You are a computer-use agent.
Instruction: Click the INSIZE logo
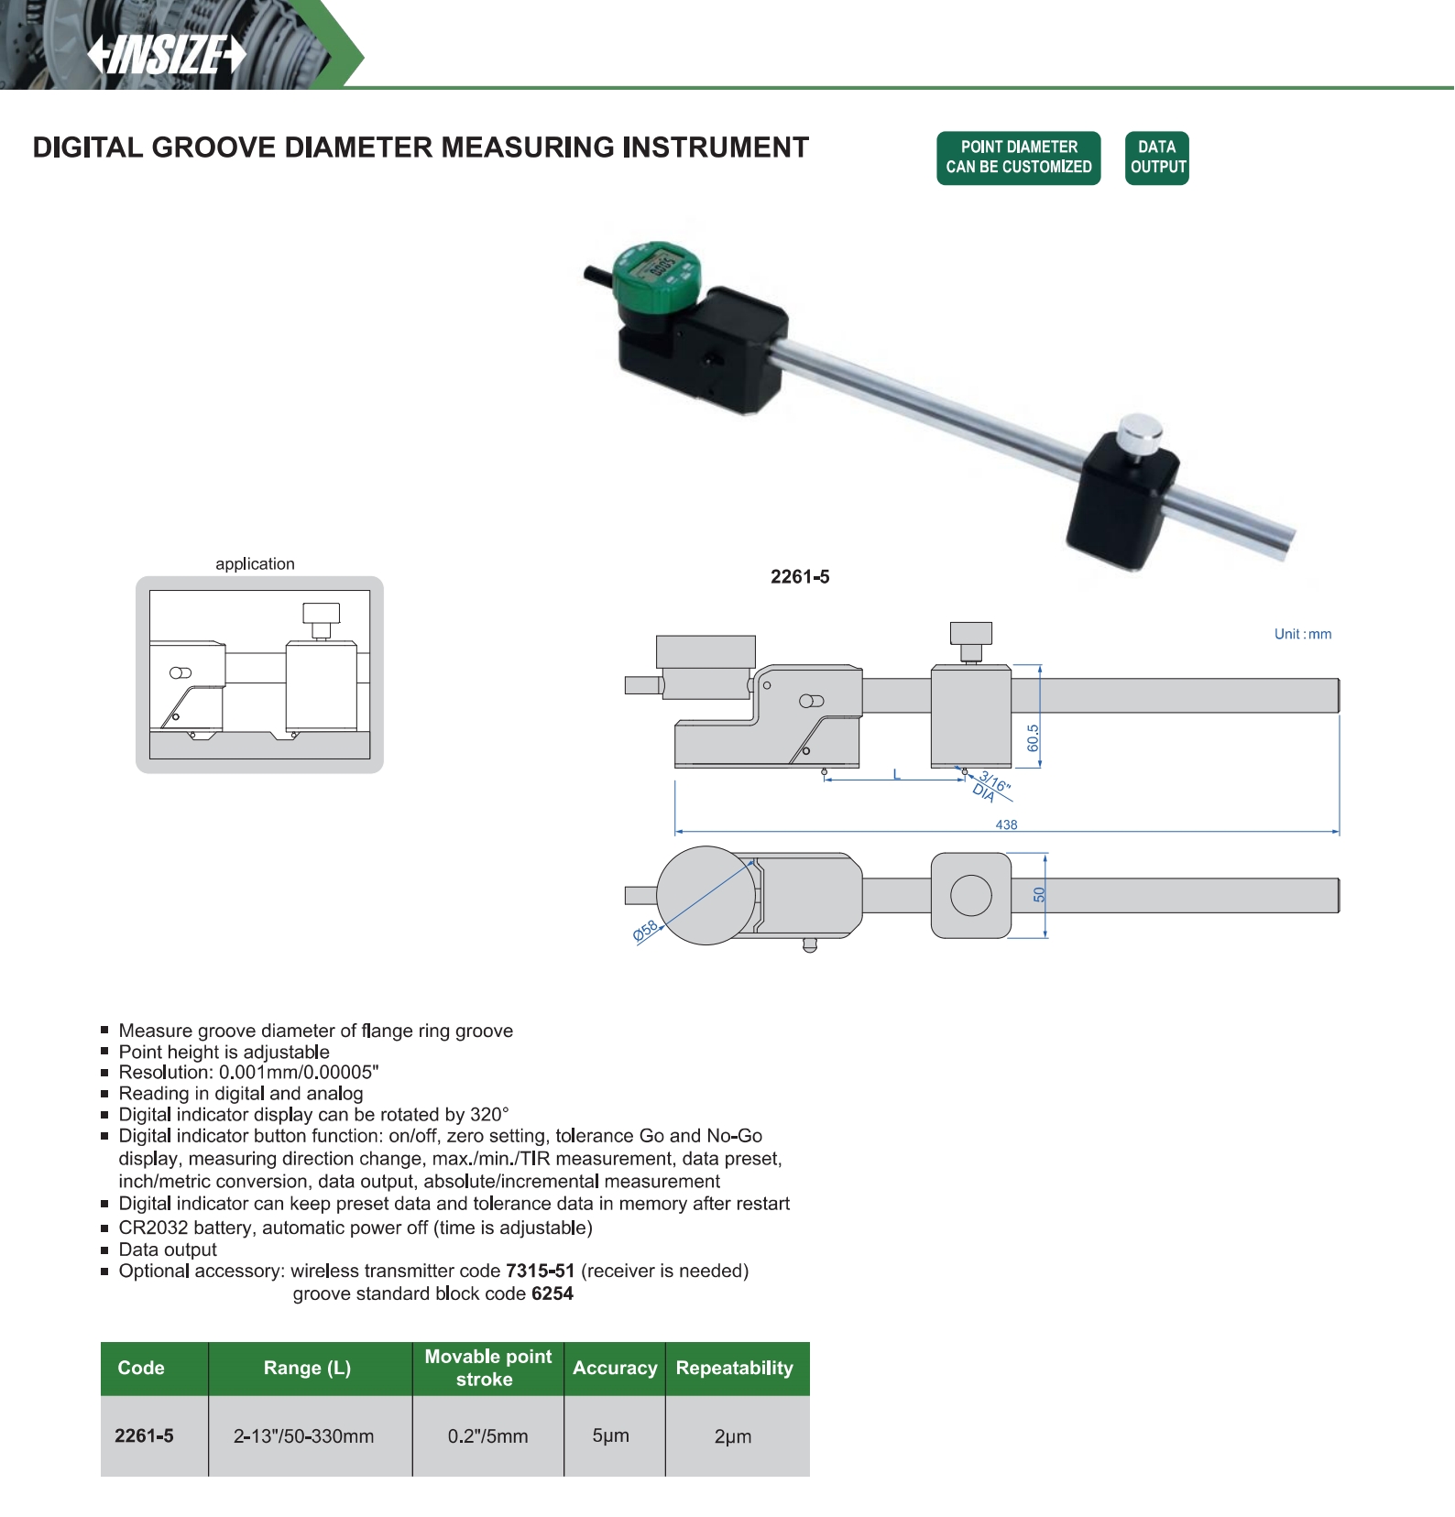point(167,55)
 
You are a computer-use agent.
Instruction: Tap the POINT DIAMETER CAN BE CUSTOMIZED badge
point(1018,158)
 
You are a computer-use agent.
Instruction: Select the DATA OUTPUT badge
point(1156,158)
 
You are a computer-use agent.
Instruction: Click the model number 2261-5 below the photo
point(800,577)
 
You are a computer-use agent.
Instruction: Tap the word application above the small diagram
point(255,564)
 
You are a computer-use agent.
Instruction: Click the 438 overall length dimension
point(1006,824)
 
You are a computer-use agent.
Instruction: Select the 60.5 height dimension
point(1034,737)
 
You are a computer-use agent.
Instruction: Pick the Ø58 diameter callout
point(646,932)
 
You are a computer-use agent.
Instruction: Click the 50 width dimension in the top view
point(1039,895)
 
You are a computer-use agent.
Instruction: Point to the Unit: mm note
point(1302,634)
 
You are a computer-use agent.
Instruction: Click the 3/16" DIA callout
point(990,787)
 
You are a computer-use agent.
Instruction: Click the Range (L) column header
point(307,1368)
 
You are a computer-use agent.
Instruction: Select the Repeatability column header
point(734,1368)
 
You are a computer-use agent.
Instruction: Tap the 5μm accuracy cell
point(610,1435)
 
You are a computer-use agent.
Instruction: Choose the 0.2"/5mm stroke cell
point(487,1436)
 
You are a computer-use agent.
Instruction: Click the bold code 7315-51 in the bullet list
point(540,1271)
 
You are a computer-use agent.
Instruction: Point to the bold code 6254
point(552,1293)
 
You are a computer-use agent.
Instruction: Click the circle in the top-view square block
point(970,895)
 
